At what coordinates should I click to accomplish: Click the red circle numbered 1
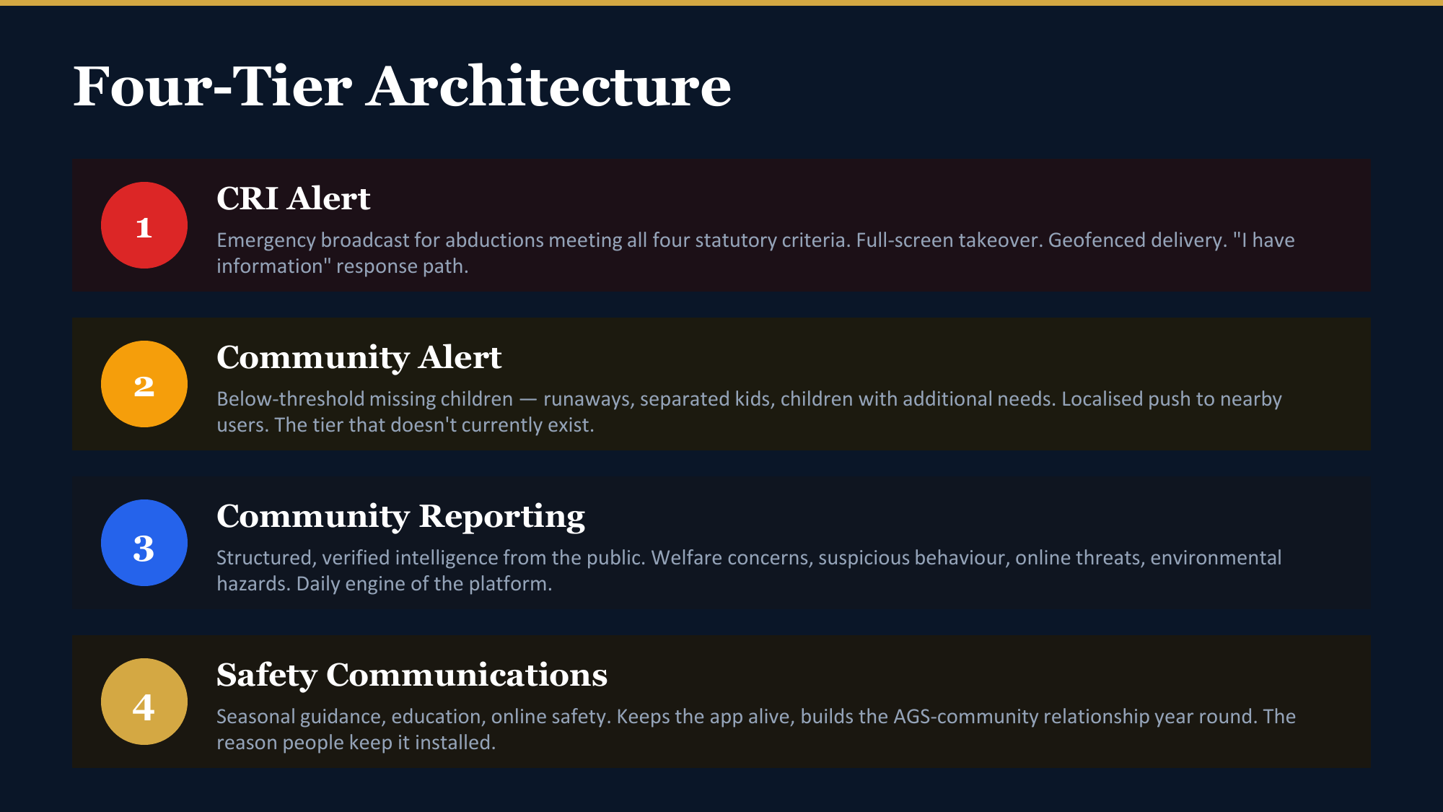144,225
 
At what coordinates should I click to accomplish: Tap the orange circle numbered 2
144,384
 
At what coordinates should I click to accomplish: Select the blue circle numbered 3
144,543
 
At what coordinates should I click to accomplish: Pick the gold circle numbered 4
144,702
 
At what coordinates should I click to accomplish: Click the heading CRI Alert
294,198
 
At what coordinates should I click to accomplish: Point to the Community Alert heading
359,357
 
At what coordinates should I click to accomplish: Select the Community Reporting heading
401,517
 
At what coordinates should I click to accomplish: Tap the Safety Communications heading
412,676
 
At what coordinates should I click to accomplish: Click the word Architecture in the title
549,87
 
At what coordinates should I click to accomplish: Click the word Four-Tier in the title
213,87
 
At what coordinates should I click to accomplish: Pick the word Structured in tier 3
266,558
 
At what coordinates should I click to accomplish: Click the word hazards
253,583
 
